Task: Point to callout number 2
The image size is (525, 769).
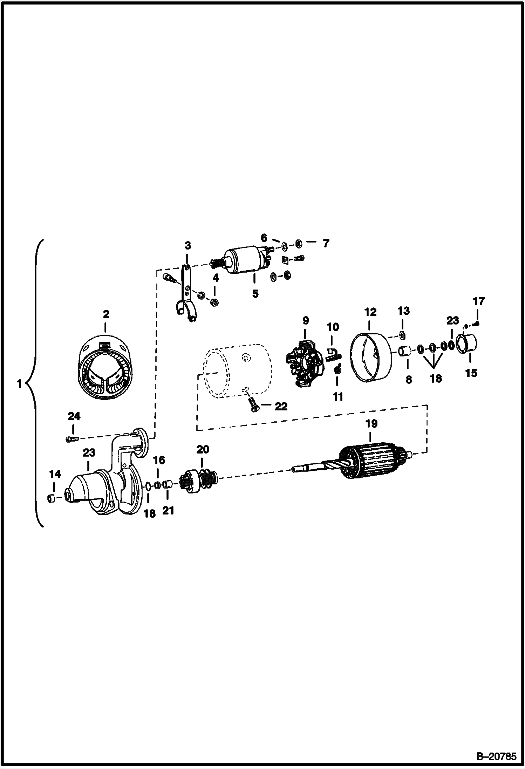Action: click(x=106, y=314)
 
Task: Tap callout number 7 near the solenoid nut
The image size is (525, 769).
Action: click(x=326, y=243)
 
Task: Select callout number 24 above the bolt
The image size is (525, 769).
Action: click(x=74, y=416)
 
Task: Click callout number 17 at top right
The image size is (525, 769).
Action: click(x=479, y=301)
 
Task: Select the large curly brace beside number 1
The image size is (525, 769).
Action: click(x=35, y=384)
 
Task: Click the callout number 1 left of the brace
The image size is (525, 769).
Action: click(x=20, y=384)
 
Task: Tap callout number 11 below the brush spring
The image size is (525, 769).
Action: click(x=338, y=397)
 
